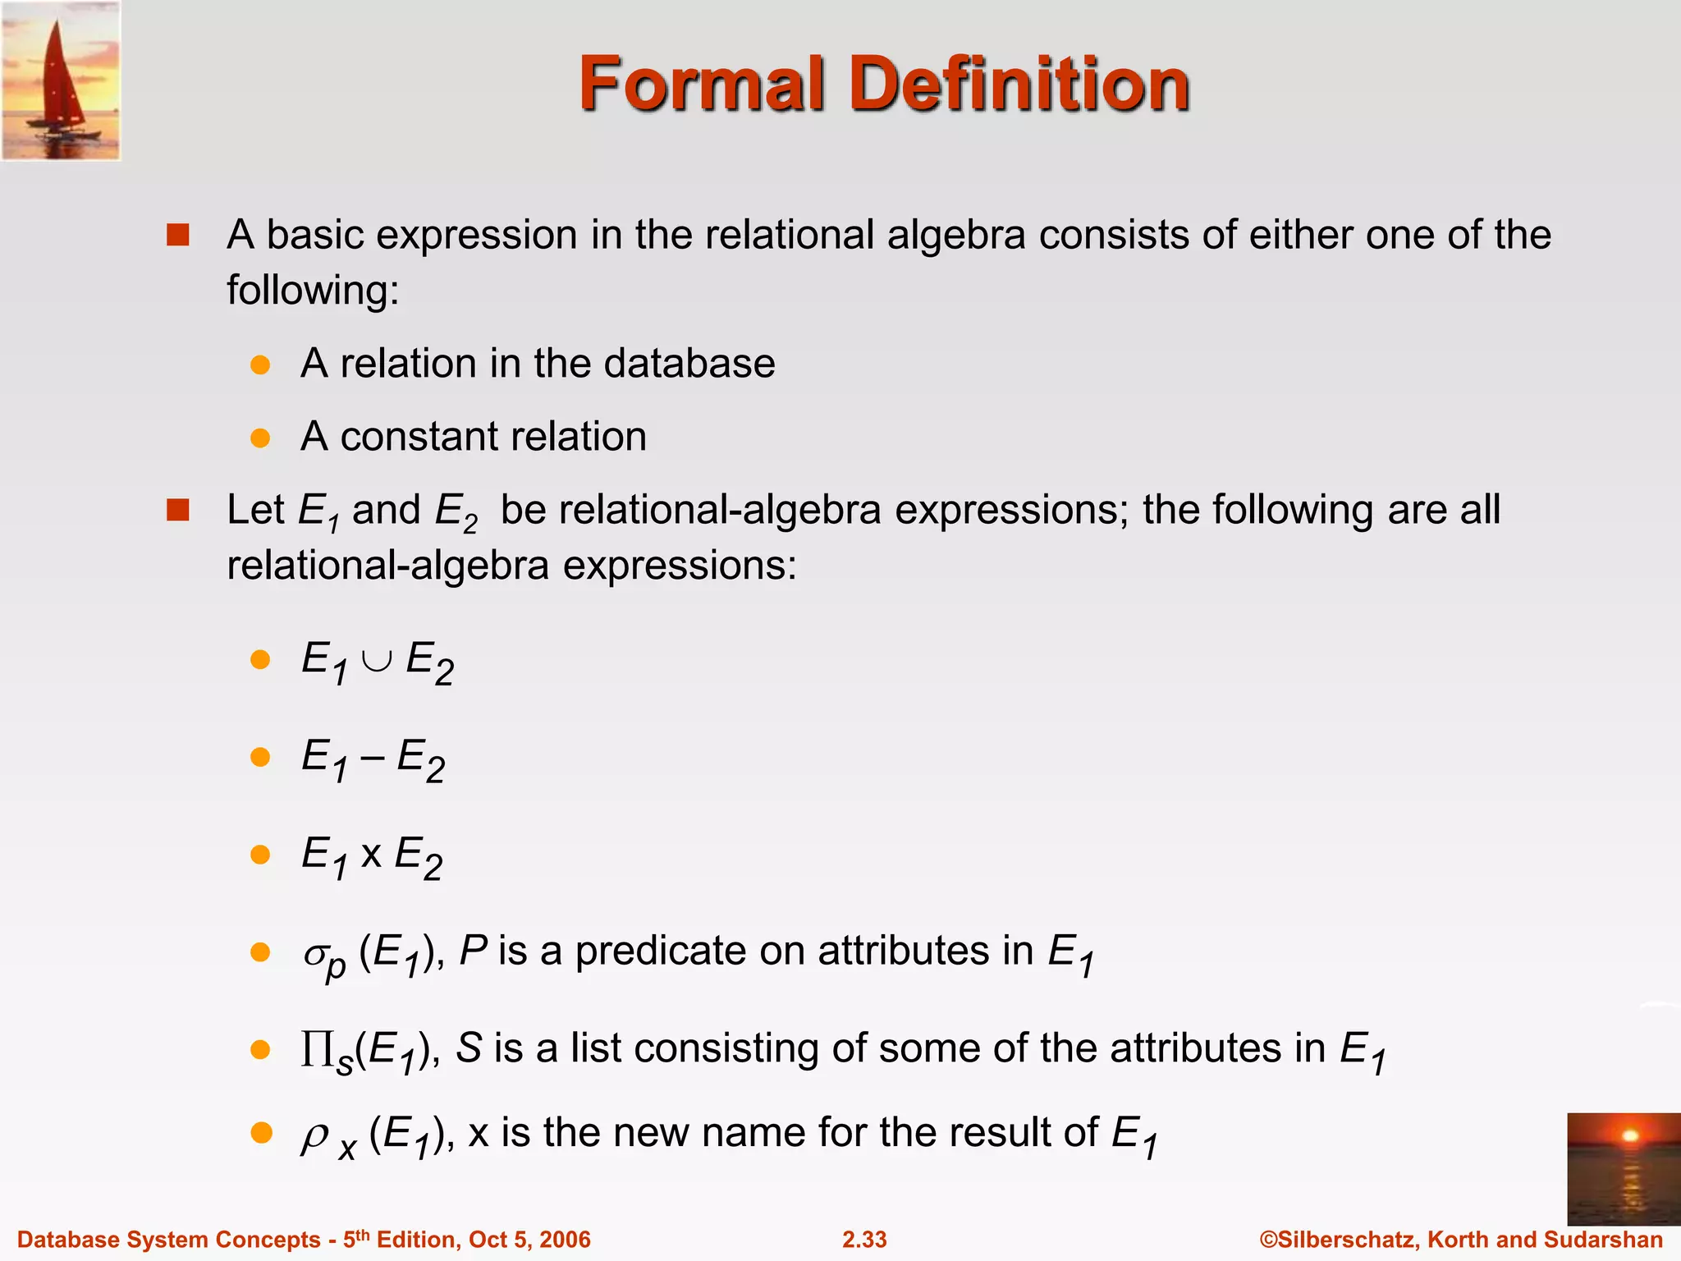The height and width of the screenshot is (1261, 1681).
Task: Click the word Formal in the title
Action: (702, 84)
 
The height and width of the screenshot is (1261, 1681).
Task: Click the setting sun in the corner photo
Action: (1630, 1135)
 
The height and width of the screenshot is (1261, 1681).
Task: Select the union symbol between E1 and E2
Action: (377, 661)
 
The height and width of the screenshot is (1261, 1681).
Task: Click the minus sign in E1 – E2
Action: (372, 758)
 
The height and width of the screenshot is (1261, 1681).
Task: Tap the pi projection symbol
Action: (318, 1048)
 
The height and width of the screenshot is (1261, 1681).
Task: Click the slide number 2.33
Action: (864, 1240)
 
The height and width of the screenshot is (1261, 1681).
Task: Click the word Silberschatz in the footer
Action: (1347, 1240)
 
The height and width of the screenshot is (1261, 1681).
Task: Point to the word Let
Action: (255, 510)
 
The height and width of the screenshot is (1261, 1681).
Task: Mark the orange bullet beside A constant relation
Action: (260, 438)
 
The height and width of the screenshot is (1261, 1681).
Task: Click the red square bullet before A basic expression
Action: (178, 236)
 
